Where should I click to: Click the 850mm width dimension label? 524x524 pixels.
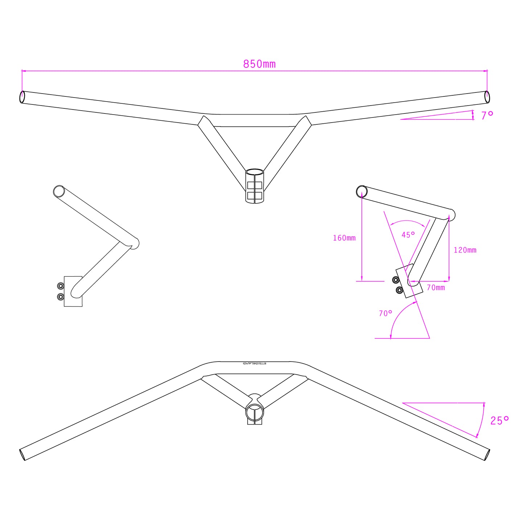point(259,64)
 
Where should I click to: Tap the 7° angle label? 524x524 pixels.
point(487,115)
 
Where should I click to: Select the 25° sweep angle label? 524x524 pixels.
point(499,421)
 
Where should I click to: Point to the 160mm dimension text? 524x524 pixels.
point(344,238)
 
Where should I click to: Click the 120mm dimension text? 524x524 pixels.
point(465,250)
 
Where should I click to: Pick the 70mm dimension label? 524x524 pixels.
point(436,288)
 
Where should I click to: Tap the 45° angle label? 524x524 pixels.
point(408,235)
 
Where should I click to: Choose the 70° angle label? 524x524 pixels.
point(385,313)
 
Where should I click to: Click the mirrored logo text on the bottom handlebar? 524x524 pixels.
point(255,363)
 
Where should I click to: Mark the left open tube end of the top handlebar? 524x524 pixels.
point(22,97)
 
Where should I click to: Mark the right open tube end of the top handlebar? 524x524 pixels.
point(487,97)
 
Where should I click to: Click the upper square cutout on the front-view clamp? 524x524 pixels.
point(255,185)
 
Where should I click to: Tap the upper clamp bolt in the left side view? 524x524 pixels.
point(61,286)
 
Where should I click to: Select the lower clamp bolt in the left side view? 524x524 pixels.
point(61,297)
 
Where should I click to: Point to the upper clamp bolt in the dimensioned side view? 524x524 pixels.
point(396,280)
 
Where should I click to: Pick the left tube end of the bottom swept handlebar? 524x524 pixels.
point(22,454)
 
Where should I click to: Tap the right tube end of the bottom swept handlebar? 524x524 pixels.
point(487,454)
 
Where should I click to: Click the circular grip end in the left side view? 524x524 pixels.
point(59,191)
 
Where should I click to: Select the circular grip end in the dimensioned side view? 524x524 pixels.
point(362,191)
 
